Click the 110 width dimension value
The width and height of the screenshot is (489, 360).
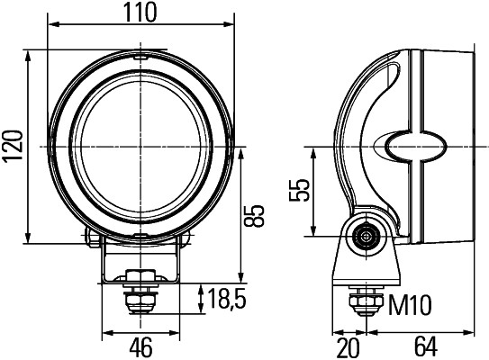[140, 12]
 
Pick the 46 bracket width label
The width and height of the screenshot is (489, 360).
[140, 346]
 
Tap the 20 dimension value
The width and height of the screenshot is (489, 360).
[346, 346]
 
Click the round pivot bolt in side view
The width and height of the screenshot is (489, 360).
[365, 236]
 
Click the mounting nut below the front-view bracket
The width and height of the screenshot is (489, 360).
[138, 277]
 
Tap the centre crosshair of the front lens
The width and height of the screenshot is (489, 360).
[140, 146]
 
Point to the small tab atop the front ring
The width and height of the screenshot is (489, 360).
[140, 56]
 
